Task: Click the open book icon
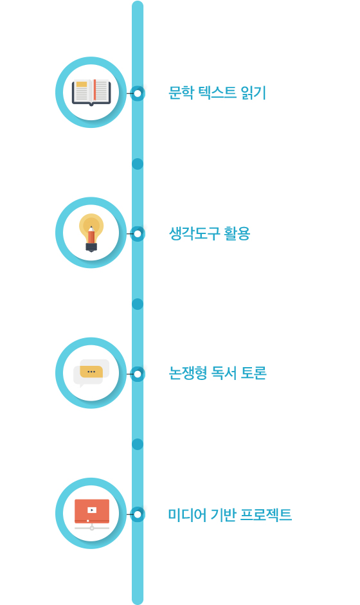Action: pos(91,92)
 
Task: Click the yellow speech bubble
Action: pos(91,372)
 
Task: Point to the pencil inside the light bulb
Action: pos(91,235)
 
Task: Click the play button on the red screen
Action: pos(92,510)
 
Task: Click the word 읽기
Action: pos(253,93)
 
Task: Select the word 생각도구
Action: pos(195,233)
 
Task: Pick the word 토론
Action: pos(254,373)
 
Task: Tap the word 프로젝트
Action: pos(266,515)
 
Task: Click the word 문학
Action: pos(181,93)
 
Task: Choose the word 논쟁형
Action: pos(188,373)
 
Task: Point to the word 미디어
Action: pos(187,515)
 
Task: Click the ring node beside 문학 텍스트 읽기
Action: pos(138,93)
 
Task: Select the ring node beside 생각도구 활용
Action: pos(138,234)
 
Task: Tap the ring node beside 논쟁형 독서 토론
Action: pos(138,374)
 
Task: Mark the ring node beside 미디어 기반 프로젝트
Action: pos(138,514)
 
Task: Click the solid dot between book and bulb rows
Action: pos(138,164)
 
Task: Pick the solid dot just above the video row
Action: pos(138,444)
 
